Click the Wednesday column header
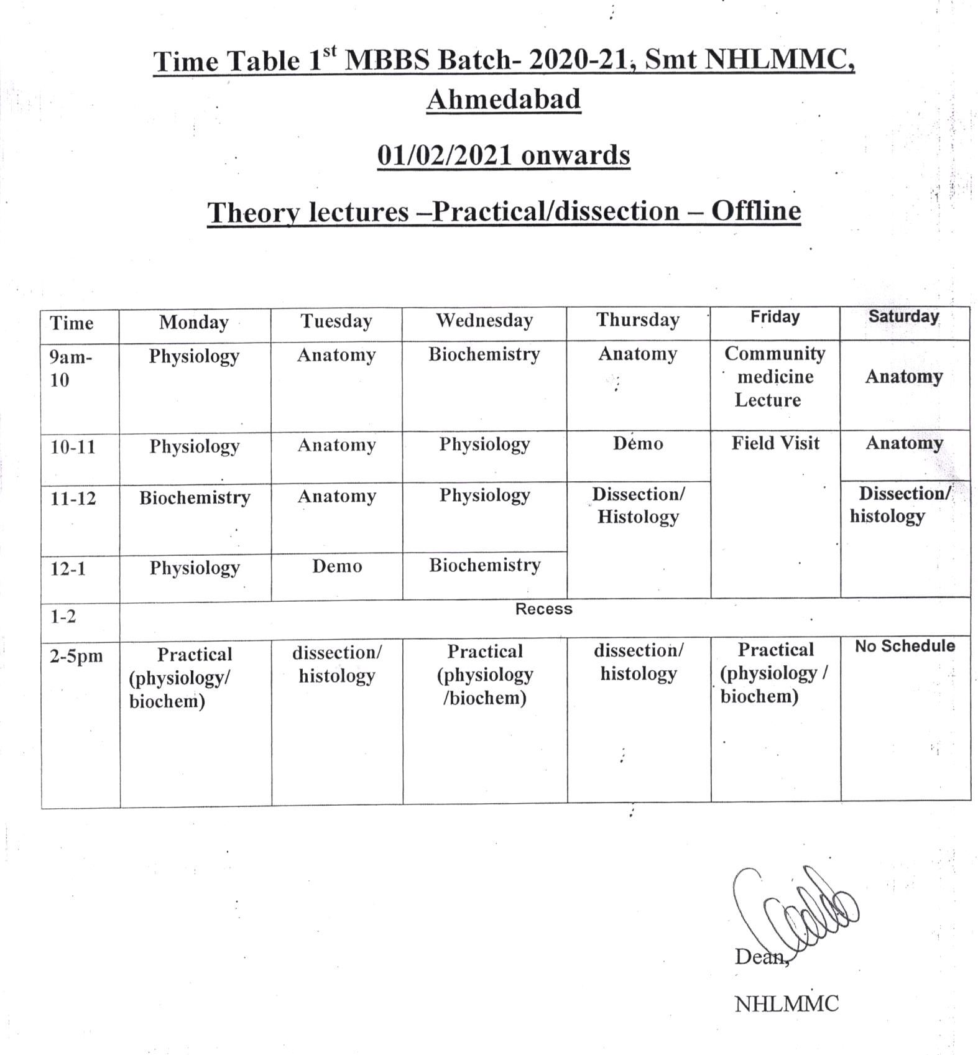484,321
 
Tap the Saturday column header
903,316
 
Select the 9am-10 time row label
70,368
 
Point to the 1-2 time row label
63,617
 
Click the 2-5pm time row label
76,656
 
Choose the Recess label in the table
543,609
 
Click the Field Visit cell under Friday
775,443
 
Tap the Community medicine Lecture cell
774,377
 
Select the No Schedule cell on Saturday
905,647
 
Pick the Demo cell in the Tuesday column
337,566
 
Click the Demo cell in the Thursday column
638,443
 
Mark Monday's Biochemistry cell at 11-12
195,498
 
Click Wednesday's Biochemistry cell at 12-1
484,565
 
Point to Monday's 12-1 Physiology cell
195,568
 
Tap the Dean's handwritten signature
796,908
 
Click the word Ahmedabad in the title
504,99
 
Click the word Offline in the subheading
755,211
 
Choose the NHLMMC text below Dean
787,1004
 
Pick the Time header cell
72,323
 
